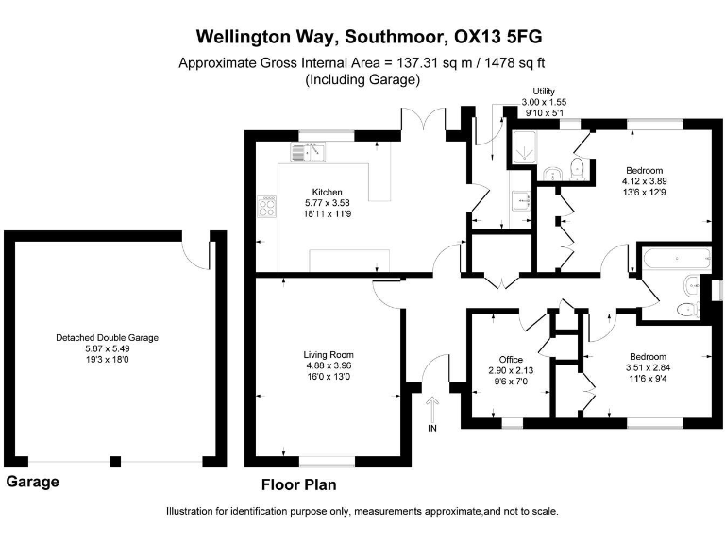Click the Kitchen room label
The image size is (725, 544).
click(x=327, y=192)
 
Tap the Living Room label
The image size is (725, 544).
click(x=329, y=355)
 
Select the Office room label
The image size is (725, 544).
click(x=511, y=360)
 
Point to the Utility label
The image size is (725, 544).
click(x=544, y=91)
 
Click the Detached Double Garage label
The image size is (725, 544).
click(x=108, y=338)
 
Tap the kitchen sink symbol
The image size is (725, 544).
click(x=308, y=152)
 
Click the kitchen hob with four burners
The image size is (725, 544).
click(x=267, y=206)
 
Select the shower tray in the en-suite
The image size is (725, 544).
click(x=524, y=147)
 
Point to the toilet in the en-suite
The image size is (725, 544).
click(x=578, y=169)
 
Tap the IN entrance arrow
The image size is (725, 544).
click(x=432, y=408)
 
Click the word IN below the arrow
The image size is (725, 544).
click(x=432, y=429)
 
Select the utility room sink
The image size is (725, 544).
click(x=522, y=201)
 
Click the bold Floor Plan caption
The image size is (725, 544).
click(x=298, y=484)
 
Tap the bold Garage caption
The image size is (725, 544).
click(x=32, y=482)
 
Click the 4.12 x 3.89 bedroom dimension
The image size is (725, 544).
click(x=645, y=181)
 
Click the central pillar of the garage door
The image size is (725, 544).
click(x=115, y=461)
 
